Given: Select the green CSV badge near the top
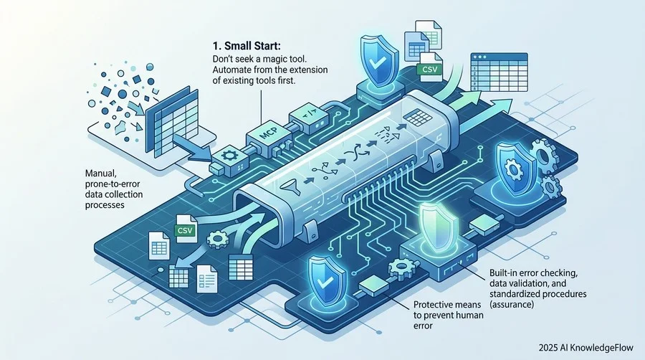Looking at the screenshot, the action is pos(429,69).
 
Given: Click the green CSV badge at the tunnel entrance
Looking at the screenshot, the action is pos(185,229).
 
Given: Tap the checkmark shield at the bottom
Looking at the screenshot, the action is pos(325,280).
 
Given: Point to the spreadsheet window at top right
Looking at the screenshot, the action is pos(499,72).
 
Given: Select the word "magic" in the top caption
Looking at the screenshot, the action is pos(277,59).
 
